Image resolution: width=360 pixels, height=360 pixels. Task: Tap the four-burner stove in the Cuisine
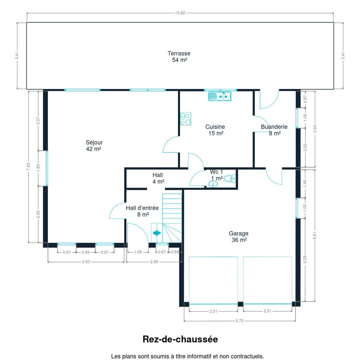185,119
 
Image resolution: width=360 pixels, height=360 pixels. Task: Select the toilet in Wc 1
230,178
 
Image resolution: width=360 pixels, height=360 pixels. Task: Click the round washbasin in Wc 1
213,184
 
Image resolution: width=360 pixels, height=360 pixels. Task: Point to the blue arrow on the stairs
157,233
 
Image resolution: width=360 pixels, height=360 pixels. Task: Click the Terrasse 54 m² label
179,57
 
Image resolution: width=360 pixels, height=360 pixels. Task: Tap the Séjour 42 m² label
94,146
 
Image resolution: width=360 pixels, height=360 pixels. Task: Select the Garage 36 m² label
238,236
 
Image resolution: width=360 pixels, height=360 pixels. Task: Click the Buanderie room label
274,127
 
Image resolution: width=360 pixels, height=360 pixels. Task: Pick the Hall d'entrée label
142,208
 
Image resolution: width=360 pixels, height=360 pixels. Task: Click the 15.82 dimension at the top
180,13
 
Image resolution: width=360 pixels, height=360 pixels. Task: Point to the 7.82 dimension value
28,166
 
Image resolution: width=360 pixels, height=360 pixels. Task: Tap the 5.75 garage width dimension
239,321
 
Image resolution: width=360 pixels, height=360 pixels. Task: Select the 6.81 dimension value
315,235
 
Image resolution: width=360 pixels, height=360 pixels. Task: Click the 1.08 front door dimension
138,252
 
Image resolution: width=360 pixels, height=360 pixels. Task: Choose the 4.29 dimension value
305,260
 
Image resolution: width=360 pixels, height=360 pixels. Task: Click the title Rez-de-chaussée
180,339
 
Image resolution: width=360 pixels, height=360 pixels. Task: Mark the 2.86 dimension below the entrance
154,262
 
